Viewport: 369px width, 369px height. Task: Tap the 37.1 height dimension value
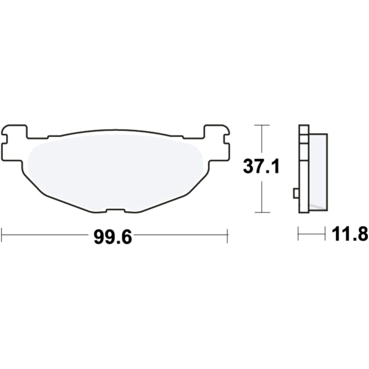coord(261,167)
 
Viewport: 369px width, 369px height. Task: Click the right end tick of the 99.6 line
coord(228,235)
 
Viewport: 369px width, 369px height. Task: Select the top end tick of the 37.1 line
coord(261,125)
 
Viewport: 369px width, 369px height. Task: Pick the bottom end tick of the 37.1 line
coord(261,213)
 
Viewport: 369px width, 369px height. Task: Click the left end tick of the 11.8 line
coord(298,234)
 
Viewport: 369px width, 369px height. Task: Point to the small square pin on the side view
coord(296,193)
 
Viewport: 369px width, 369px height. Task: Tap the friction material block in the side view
coord(317,170)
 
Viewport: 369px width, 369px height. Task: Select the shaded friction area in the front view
coord(116,170)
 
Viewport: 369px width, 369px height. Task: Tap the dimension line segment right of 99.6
coord(181,234)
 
